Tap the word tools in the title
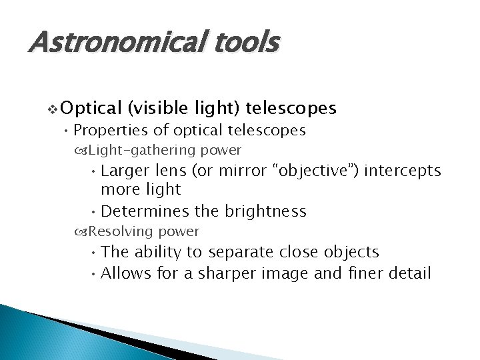coord(246,43)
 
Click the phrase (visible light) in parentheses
coord(185,108)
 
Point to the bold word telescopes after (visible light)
coord(291,108)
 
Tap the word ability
coord(160,252)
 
